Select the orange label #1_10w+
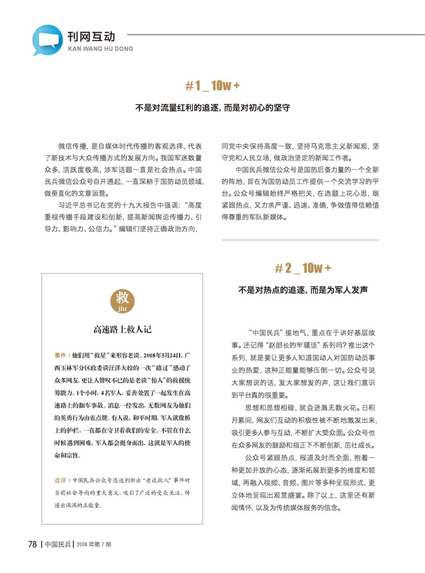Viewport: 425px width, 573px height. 213,86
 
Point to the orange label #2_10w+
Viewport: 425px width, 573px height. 302,267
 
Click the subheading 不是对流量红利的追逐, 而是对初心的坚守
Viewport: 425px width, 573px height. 212,108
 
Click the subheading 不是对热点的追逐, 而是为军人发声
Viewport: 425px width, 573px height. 302,290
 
